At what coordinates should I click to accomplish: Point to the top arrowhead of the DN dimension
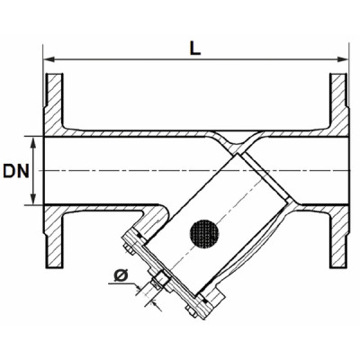[x=34, y=141]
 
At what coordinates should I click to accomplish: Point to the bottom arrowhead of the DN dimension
[x=34, y=200]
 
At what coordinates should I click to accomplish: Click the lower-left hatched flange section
[x=54, y=236]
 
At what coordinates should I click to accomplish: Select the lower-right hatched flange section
[x=337, y=236]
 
